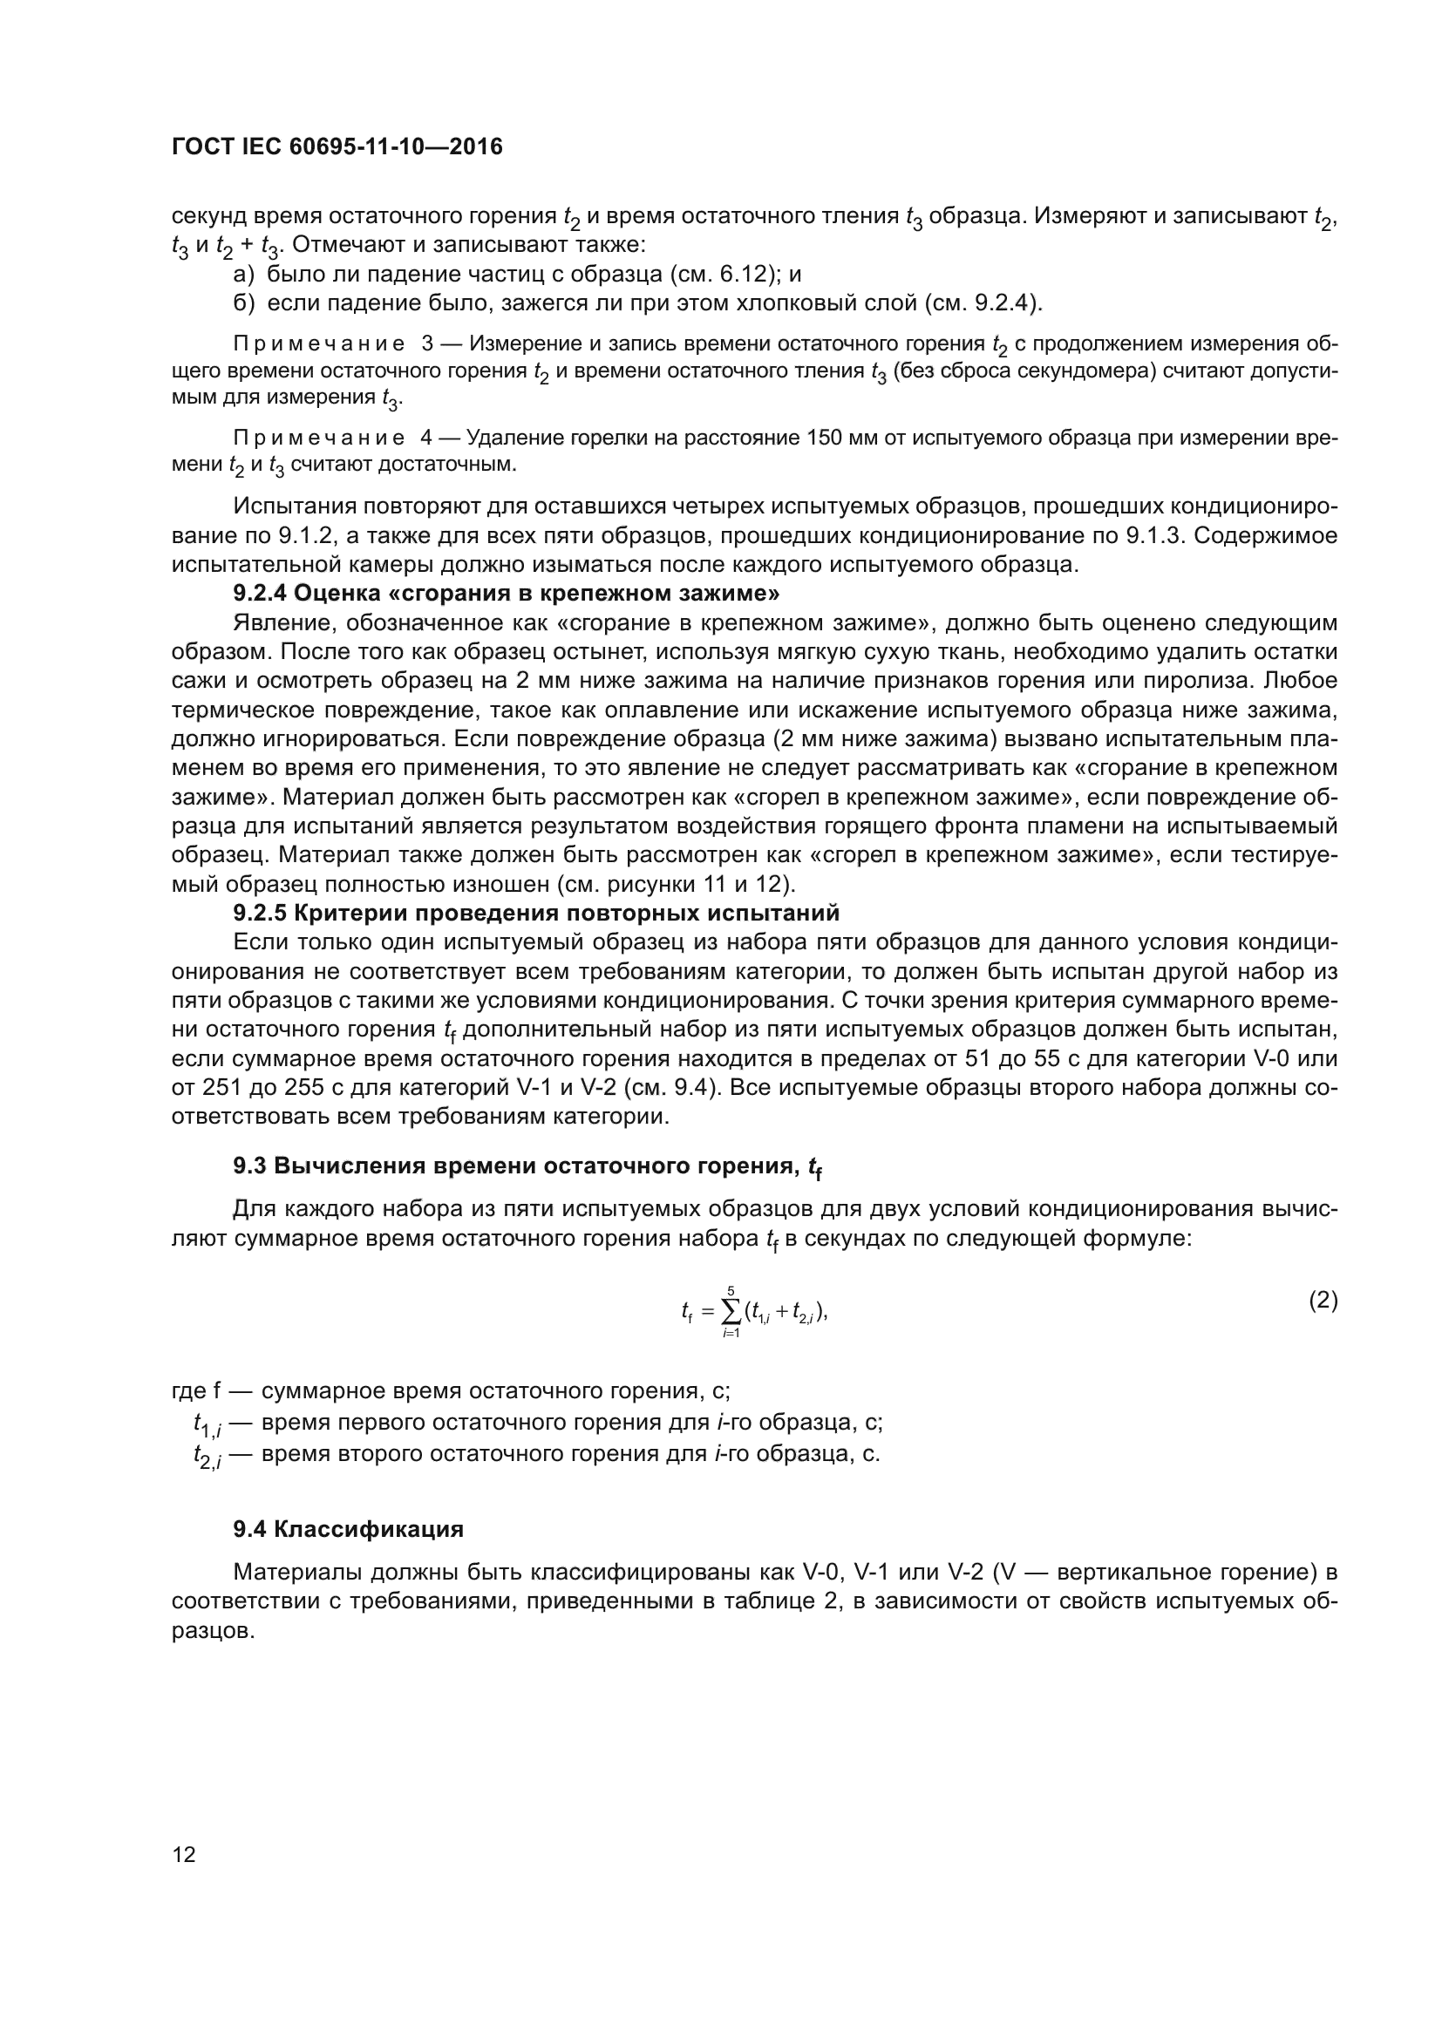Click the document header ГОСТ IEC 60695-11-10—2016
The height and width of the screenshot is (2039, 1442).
point(337,146)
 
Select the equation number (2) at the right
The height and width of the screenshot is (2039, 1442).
point(1323,1301)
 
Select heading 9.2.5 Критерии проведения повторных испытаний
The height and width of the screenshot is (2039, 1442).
point(535,914)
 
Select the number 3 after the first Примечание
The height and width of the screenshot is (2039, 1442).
point(427,344)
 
